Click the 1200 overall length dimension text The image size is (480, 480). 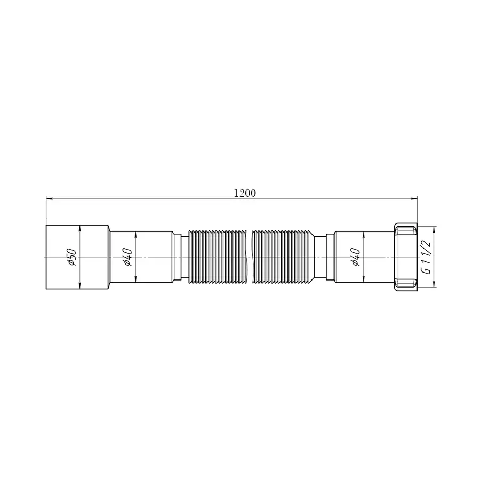coord(245,193)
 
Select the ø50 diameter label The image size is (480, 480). coord(72,257)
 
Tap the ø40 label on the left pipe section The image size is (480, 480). coord(127,257)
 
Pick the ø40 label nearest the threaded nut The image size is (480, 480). coord(356,257)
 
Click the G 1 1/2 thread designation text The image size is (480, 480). coord(426,257)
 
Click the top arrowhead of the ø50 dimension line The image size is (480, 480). coord(79,228)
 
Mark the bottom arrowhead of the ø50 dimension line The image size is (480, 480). coord(79,286)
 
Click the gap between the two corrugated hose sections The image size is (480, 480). coord(249,257)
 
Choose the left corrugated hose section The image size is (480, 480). coord(217,257)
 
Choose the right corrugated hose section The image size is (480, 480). coord(283,257)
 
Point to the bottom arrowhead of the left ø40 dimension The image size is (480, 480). coord(136,281)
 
